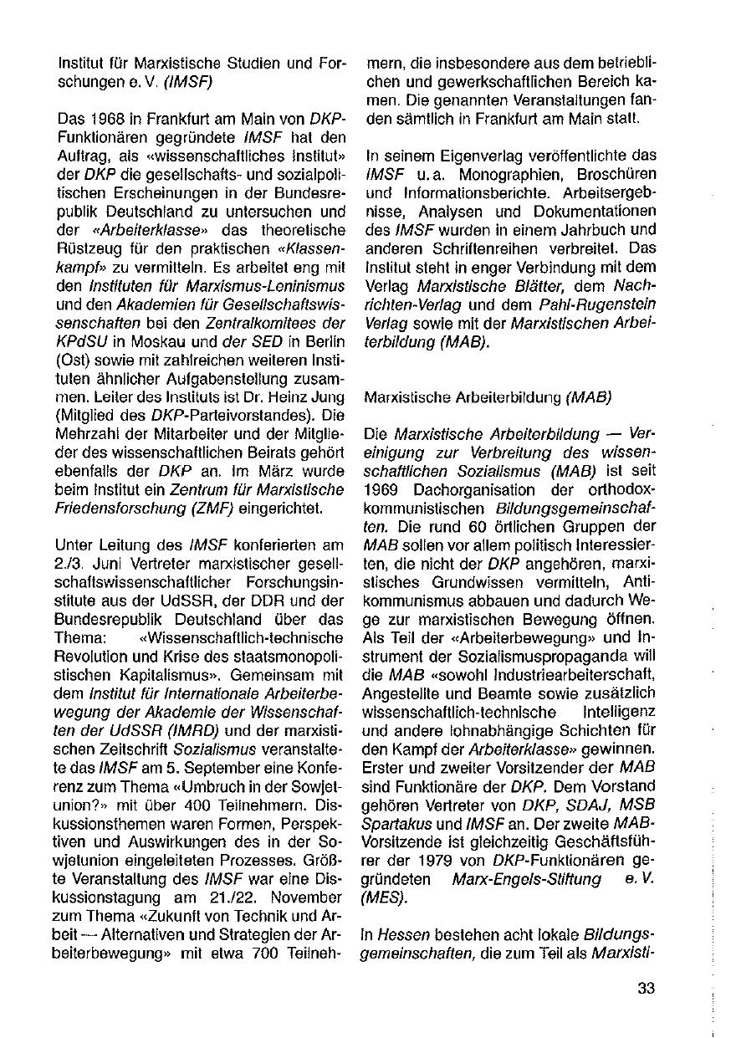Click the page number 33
tap(646, 988)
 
